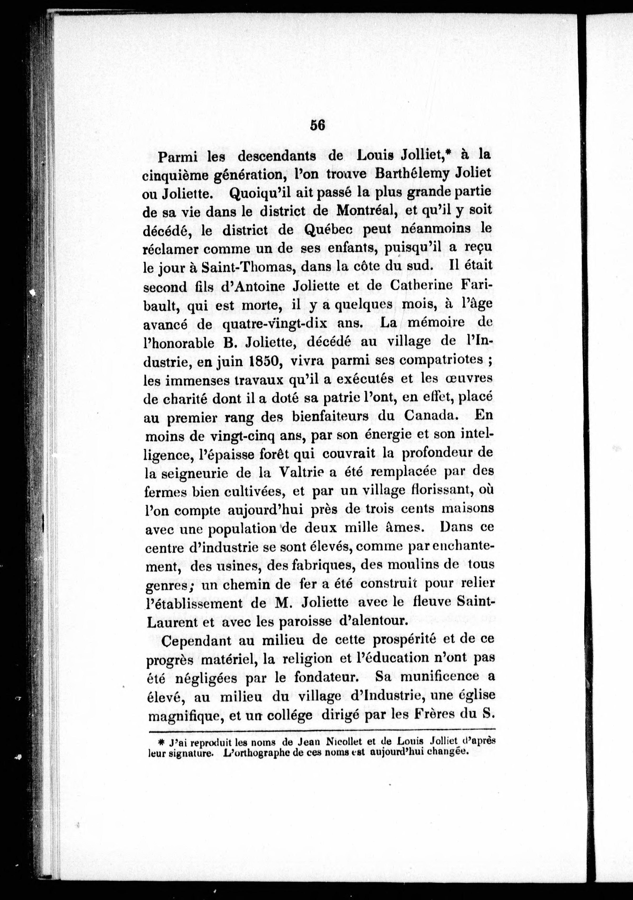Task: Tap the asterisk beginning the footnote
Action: point(161,741)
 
